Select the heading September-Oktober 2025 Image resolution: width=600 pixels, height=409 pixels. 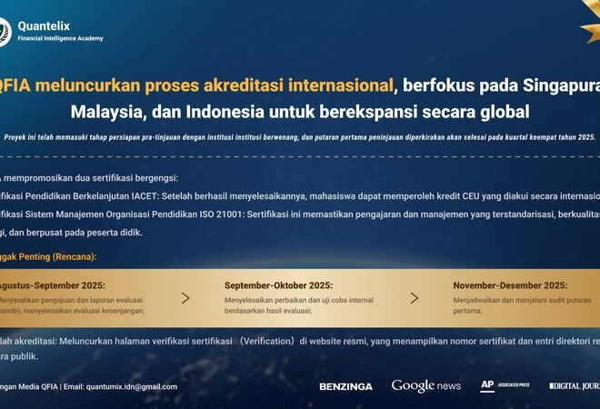[278, 284]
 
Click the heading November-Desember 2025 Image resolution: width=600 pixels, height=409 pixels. [510, 284]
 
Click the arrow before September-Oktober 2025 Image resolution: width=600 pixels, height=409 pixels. [185, 297]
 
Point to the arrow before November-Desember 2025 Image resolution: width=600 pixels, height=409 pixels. [415, 297]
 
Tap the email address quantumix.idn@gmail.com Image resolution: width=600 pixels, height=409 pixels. [132, 386]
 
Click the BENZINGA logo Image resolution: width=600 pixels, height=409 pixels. [345, 386]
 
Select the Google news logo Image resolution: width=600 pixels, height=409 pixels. [426, 386]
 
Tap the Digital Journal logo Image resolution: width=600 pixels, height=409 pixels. [575, 386]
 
